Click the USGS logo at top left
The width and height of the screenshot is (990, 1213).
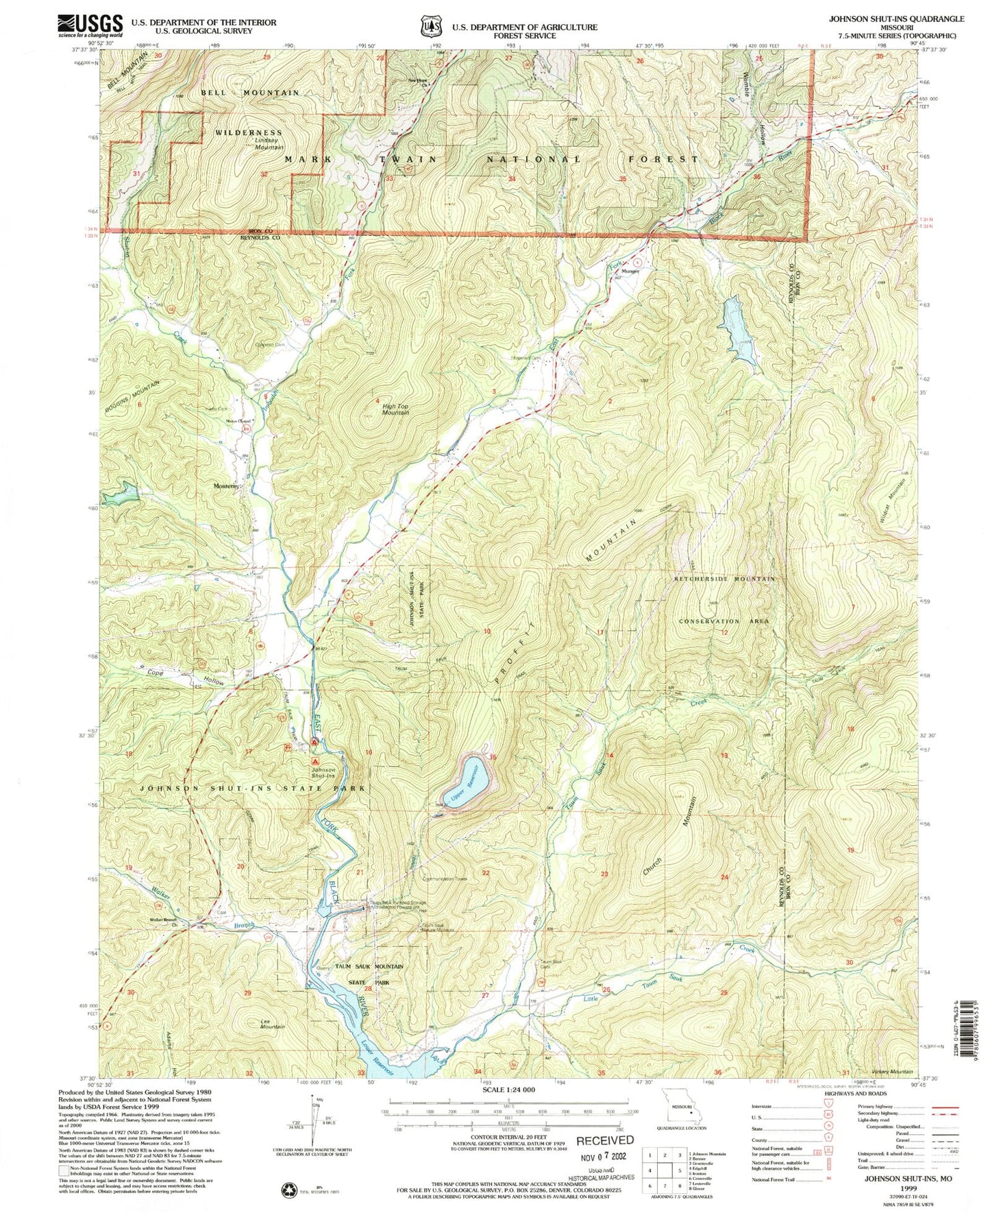(90, 26)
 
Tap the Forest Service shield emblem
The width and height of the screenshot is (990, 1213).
(430, 27)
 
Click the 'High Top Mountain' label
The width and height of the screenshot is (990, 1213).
(395, 409)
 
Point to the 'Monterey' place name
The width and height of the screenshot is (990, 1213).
(226, 486)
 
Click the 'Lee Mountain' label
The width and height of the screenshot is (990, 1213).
(272, 1024)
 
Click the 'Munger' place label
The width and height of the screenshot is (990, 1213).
(630, 271)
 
